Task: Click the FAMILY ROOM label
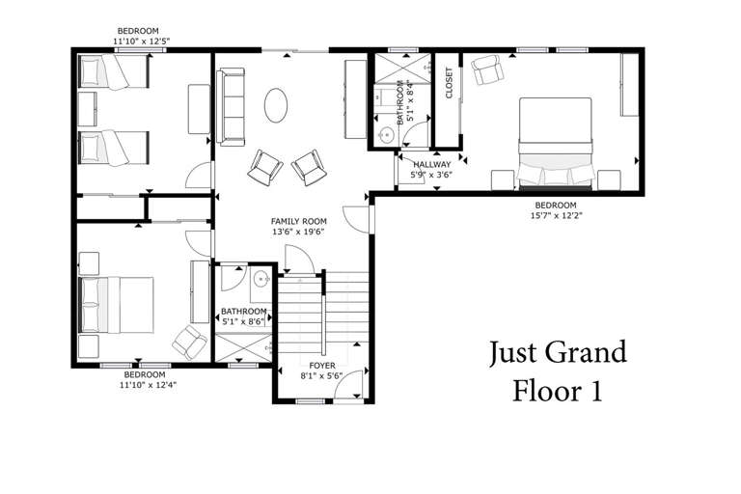click(x=297, y=221)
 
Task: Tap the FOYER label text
click(x=322, y=365)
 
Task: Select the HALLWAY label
click(x=431, y=164)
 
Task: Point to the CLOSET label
click(x=449, y=83)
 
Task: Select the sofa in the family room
click(x=231, y=106)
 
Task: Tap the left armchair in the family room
click(x=265, y=168)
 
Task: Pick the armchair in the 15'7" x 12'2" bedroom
click(x=486, y=70)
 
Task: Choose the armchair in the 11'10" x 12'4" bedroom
click(x=188, y=340)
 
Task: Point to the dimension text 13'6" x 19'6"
click(x=297, y=232)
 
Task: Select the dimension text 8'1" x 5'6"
click(x=322, y=375)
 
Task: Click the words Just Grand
click(x=557, y=351)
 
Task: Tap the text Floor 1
click(x=557, y=391)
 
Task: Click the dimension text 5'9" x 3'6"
click(x=431, y=175)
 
